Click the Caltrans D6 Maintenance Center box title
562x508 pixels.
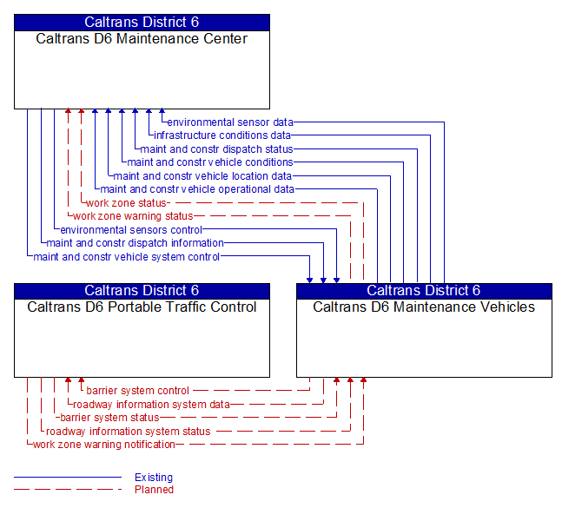(142, 39)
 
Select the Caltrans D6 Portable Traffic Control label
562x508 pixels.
(142, 307)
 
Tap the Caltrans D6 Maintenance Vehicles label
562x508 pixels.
(424, 307)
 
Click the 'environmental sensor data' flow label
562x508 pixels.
(230, 122)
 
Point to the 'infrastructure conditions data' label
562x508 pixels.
(222, 135)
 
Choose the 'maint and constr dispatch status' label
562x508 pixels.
(216, 149)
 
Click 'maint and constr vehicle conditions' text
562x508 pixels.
(210, 162)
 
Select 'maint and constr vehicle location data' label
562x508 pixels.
(202, 176)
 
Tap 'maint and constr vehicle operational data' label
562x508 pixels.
(197, 189)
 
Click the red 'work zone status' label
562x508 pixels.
(126, 203)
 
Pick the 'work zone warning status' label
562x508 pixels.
(133, 216)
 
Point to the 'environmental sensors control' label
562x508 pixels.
(131, 230)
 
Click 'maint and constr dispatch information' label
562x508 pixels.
(135, 243)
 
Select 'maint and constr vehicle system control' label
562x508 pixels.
(127, 257)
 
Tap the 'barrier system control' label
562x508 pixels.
(137, 391)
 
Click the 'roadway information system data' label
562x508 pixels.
(151, 404)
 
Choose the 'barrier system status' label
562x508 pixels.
(109, 418)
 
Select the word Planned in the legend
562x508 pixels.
(154, 490)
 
